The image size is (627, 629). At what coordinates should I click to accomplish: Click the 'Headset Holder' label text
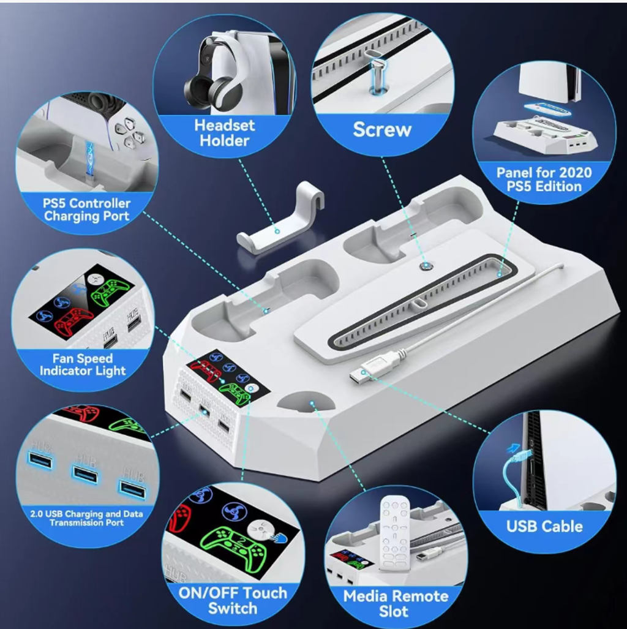point(225,133)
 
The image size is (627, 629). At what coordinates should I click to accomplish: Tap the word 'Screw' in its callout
point(382,130)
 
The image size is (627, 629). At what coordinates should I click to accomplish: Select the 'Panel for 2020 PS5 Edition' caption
point(544,179)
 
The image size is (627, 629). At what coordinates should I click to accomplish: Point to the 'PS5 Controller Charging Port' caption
point(87,209)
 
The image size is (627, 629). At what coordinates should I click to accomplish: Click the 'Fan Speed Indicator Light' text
point(83,364)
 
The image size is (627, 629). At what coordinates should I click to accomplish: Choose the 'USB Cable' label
point(544,526)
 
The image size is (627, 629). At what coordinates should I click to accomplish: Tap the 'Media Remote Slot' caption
point(396,604)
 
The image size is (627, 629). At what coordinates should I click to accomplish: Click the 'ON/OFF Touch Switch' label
point(233,600)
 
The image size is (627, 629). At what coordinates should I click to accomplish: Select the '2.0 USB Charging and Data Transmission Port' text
point(87,518)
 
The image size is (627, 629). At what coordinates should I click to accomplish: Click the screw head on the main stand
point(424,265)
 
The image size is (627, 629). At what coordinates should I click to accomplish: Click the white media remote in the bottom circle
point(395,533)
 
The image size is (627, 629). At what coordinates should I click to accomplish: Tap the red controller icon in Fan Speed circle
point(75,323)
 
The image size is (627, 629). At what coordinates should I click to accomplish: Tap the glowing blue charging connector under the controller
point(90,160)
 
